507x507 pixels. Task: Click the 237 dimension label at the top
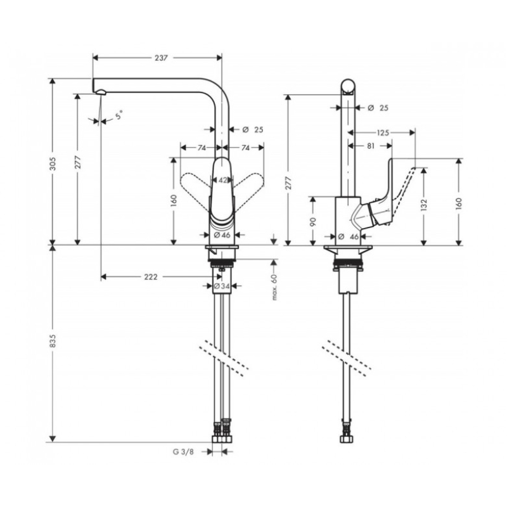coord(161,58)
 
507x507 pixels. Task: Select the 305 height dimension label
coord(53,164)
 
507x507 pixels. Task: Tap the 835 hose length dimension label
coord(53,341)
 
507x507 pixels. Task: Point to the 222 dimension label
coord(151,277)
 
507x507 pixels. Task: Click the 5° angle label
coord(119,115)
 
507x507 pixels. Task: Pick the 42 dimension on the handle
coord(223,180)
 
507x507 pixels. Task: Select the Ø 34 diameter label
coord(222,286)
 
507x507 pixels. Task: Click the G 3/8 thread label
coord(183,452)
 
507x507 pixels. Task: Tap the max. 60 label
coord(274,287)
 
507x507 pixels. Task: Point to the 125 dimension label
coord(383,132)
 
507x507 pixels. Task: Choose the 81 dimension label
coord(371,146)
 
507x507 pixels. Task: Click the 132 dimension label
coord(424,205)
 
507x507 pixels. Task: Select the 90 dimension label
coord(312,221)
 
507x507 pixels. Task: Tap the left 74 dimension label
coord(202,148)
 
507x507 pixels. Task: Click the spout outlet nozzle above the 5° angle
coord(101,92)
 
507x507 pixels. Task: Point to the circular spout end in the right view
coord(349,86)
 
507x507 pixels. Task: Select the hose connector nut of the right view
coord(347,439)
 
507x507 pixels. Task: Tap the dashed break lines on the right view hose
coord(347,358)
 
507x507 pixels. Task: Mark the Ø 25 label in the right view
coord(378,108)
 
